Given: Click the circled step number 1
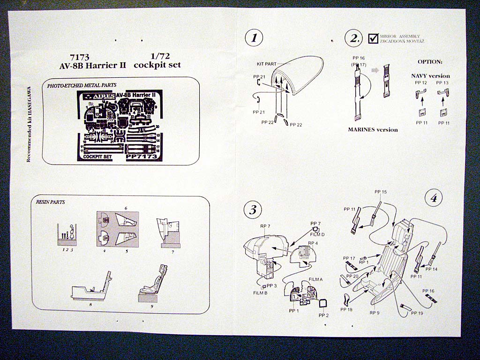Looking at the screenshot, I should point(254,38).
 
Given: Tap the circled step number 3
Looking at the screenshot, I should point(253,210).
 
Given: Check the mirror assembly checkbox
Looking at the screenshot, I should point(374,38).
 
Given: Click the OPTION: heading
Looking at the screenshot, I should point(430,61).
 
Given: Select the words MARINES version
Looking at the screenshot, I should point(373,129).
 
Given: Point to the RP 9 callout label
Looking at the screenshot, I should point(375,312).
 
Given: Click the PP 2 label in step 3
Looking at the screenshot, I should point(323,315).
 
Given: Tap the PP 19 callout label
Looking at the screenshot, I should point(417,313).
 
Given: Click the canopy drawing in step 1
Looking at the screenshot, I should point(298,80).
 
